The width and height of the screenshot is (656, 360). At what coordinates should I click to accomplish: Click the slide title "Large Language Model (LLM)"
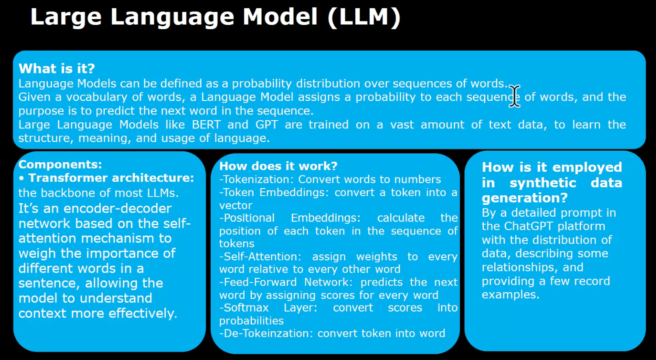click(x=215, y=17)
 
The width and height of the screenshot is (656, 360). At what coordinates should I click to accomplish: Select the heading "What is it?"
click(x=57, y=69)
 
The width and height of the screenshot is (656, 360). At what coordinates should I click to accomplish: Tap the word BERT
click(x=206, y=125)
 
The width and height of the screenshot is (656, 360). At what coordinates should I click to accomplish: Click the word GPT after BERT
click(x=267, y=125)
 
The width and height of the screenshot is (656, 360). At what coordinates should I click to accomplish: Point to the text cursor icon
click(x=514, y=96)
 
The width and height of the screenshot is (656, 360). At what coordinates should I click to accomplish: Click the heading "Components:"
click(x=60, y=164)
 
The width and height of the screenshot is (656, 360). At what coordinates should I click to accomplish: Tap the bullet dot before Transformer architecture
click(x=21, y=178)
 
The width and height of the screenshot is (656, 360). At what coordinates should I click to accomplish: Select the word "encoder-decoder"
click(x=118, y=208)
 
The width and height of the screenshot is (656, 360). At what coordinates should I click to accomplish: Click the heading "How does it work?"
click(x=278, y=166)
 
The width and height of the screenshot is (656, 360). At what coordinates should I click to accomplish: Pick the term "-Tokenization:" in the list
click(x=257, y=179)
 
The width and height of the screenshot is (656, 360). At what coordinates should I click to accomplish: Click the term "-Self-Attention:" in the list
click(x=260, y=257)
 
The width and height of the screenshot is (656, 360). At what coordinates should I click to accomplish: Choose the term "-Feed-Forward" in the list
click(x=258, y=282)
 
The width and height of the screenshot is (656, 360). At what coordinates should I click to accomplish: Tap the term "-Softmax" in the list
click(x=244, y=308)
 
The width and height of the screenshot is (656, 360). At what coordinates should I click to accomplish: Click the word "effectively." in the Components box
click(x=143, y=313)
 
